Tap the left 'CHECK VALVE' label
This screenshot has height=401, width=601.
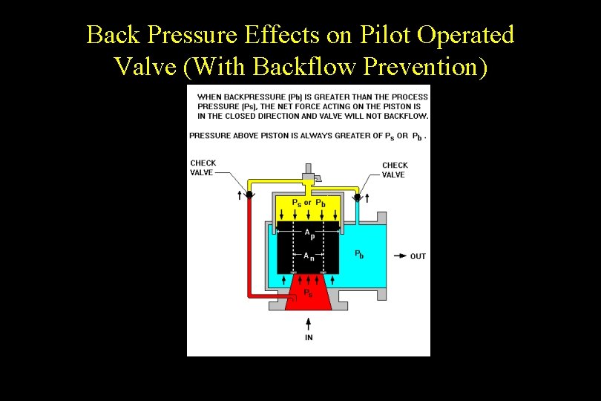(x=203, y=168)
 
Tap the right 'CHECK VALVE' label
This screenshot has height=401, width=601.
(x=395, y=170)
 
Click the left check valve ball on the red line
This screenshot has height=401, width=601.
(x=249, y=195)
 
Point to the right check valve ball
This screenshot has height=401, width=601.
(x=357, y=197)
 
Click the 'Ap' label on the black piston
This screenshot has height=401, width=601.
(x=309, y=233)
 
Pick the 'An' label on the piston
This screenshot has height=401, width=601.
(x=309, y=256)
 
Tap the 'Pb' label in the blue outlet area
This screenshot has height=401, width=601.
(x=359, y=254)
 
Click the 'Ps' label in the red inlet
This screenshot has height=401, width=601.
(x=307, y=293)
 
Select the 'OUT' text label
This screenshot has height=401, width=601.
(x=418, y=256)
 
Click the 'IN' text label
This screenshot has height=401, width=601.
(x=309, y=337)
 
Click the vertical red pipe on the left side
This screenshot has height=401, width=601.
(x=249, y=245)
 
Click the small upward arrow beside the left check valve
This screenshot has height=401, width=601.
(x=239, y=196)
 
